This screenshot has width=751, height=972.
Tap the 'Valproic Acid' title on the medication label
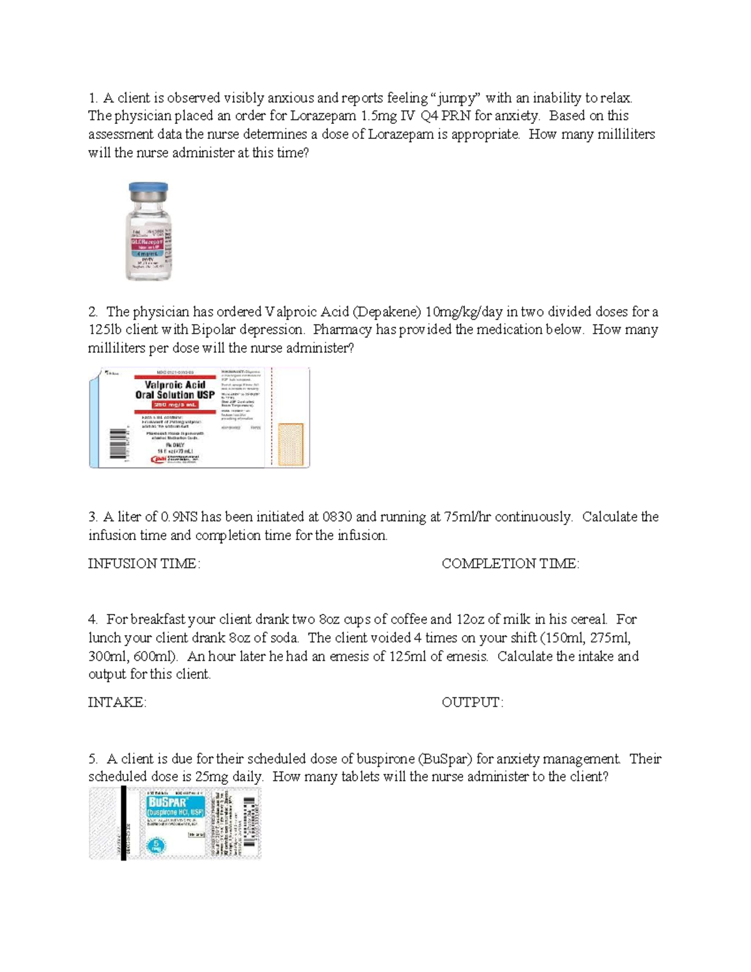coord(175,384)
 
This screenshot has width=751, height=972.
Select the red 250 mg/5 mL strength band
coord(166,405)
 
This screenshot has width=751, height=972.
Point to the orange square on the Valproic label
coord(290,444)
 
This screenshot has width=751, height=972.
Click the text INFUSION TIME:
coord(144,563)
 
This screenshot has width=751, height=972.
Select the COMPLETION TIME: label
coord(510,563)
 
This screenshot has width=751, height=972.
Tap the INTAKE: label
coord(117,702)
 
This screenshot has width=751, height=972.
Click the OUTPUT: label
coord(472,702)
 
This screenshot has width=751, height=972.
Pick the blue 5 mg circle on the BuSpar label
coord(156,845)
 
